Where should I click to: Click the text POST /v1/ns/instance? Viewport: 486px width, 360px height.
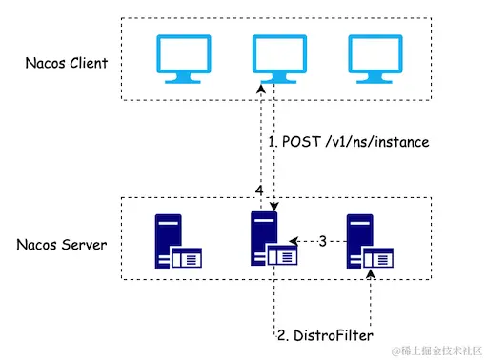348,142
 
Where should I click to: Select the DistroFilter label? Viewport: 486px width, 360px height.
327,335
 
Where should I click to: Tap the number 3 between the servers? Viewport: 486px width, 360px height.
322,242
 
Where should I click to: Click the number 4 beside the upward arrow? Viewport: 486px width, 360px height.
259,191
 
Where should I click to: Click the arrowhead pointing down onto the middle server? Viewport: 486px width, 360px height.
273,207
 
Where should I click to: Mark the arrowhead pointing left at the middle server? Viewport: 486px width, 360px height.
294,242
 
